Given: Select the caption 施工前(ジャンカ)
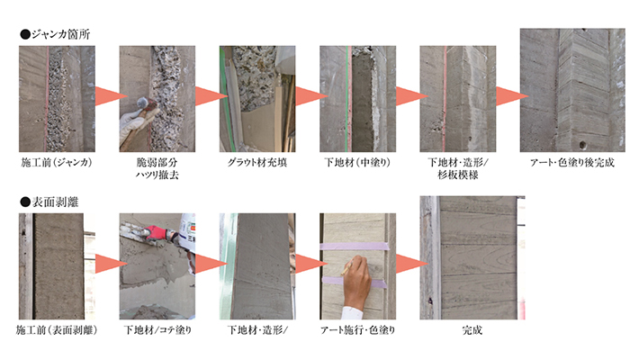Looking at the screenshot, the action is point(57,162).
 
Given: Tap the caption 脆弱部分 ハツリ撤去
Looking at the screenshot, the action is point(157,168).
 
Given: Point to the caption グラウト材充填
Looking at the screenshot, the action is point(257,162).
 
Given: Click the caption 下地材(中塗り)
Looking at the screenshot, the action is point(357,162).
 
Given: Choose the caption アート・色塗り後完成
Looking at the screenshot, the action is point(572,162).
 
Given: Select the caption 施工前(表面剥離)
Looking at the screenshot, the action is point(57,330).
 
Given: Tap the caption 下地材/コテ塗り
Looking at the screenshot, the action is point(157,330).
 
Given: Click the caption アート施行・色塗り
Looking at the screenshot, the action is point(357,330).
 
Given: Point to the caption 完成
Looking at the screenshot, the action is point(472,330).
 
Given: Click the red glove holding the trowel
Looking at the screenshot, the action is point(156,233).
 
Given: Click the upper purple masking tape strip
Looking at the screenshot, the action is point(355,247).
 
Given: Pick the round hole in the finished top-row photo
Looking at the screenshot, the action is point(581,144).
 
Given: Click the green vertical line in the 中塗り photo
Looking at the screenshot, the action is point(346,99).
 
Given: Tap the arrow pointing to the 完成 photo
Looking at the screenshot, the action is point(412,264).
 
